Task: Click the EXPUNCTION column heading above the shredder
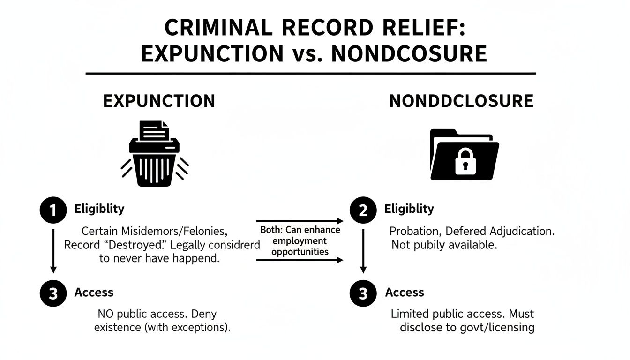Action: pyautogui.click(x=159, y=101)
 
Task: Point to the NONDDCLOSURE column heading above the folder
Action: pyautogui.click(x=461, y=101)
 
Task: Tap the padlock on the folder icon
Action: pyautogui.click(x=464, y=161)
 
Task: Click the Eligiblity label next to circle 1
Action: pyautogui.click(x=99, y=209)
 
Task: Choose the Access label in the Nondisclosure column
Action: pyautogui.click(x=404, y=292)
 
